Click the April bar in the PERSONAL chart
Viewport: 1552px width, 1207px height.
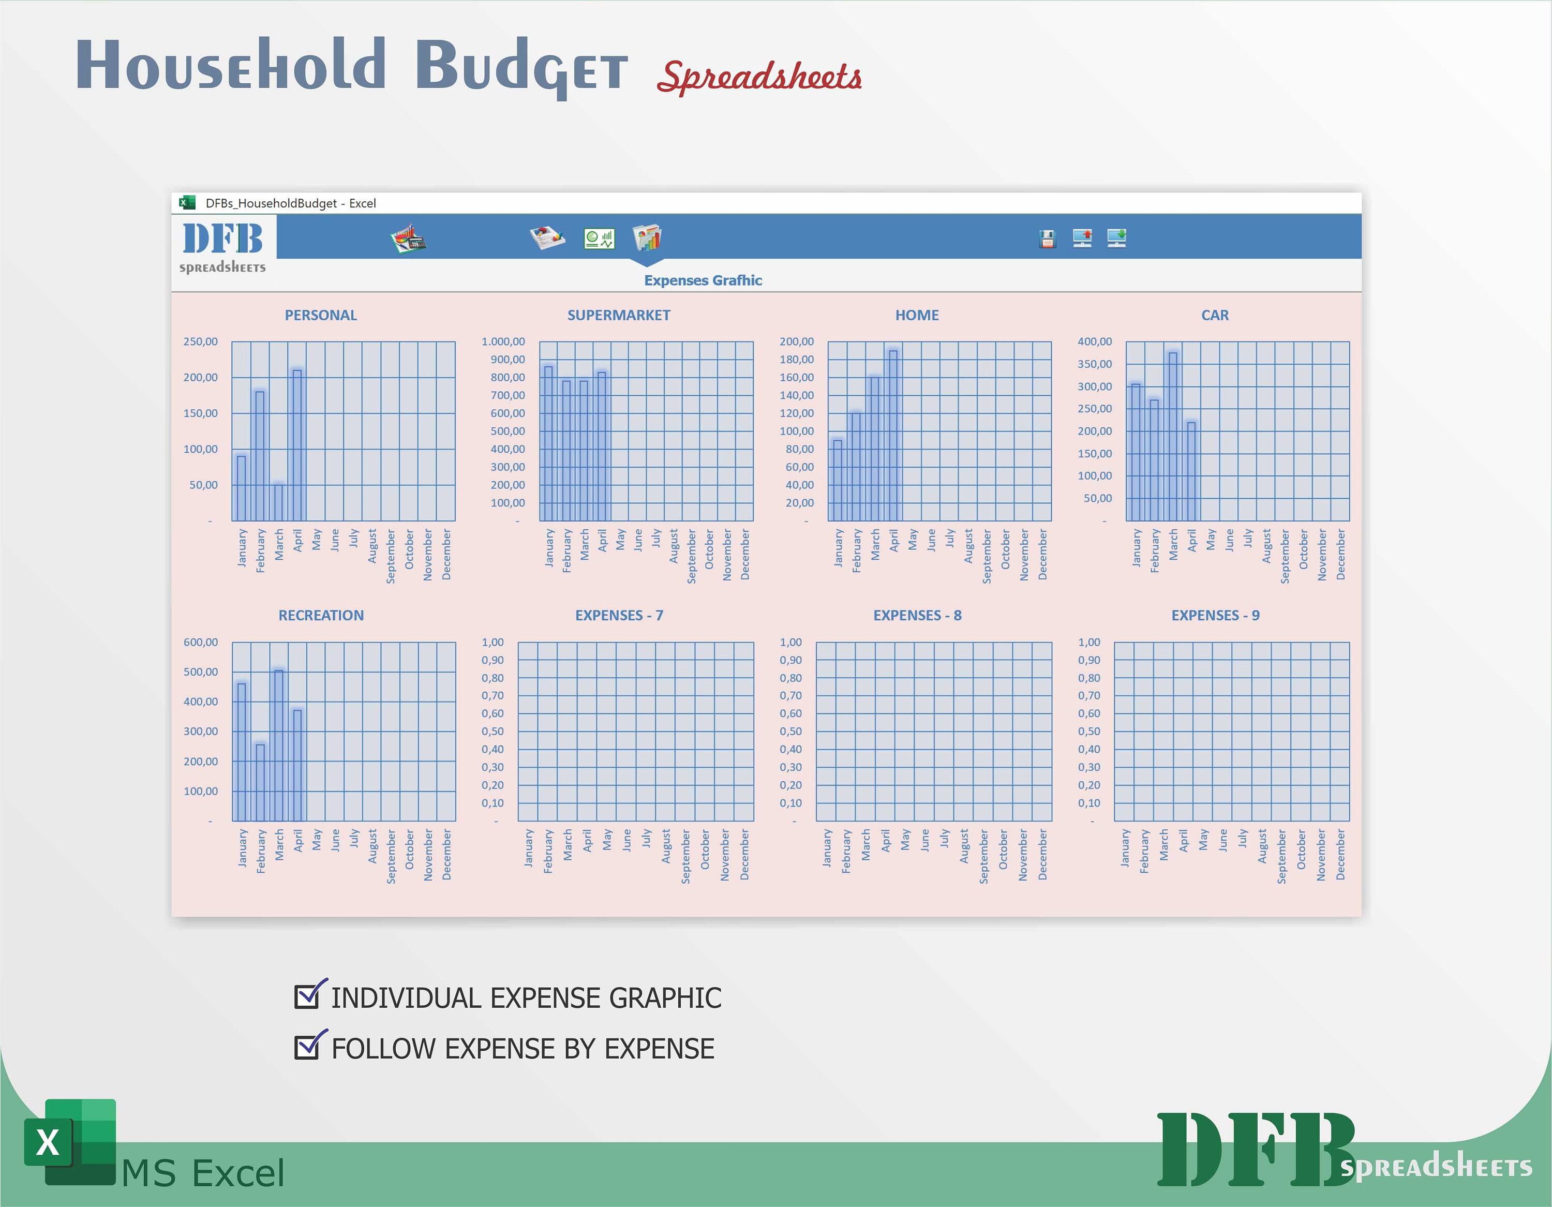click(x=297, y=445)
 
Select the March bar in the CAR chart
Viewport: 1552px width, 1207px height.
click(x=1172, y=437)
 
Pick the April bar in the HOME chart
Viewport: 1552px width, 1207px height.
click(x=893, y=435)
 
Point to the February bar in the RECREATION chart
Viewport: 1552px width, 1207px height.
click(x=260, y=782)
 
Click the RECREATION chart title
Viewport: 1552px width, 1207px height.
click(x=321, y=616)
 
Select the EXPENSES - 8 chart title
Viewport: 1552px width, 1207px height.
click(x=917, y=616)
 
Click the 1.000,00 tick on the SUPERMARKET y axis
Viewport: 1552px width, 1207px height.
click(x=503, y=342)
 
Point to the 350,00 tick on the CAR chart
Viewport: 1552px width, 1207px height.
click(x=1094, y=364)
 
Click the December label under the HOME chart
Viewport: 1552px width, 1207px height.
click(x=1042, y=555)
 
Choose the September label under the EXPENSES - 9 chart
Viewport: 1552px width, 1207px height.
click(x=1281, y=857)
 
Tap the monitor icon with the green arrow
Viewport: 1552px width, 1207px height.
click(x=1116, y=237)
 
